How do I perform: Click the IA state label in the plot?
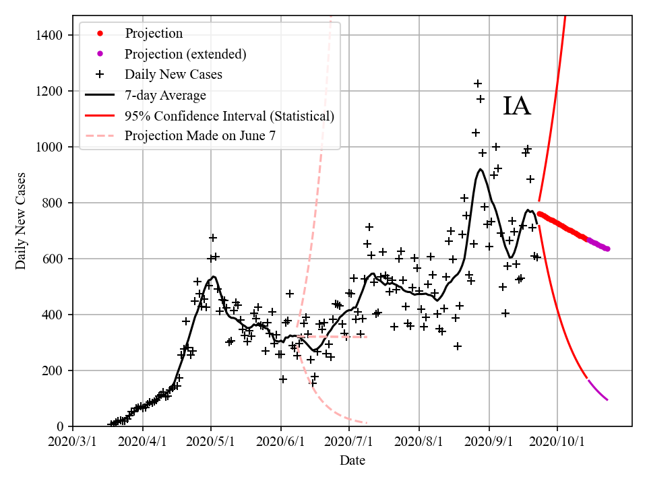517,106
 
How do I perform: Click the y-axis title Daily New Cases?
21,221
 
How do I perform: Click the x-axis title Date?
352,461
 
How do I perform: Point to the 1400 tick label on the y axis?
51,35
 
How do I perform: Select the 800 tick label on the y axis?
54,203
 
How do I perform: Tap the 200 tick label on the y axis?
54,370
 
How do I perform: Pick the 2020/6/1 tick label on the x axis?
281,442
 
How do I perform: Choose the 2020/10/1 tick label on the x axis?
557,442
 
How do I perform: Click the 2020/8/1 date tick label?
419,442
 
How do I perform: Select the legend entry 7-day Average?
165,95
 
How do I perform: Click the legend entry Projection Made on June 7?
200,135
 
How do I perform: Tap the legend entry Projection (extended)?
185,54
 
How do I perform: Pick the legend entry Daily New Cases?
173,74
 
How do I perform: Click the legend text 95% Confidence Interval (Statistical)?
229,116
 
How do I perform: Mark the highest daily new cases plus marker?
478,84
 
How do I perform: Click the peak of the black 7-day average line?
480,169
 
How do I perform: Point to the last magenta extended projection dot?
607,249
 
